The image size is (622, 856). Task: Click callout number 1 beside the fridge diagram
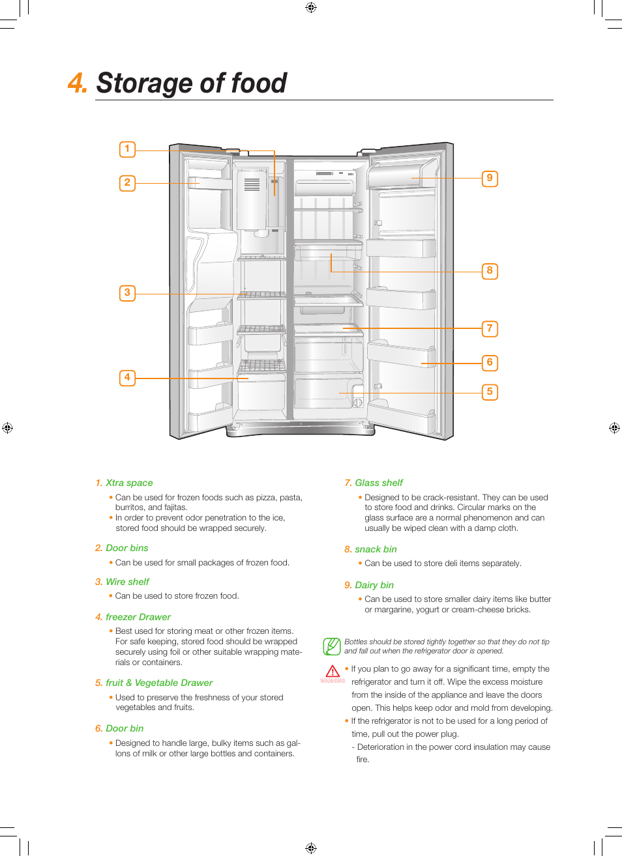(127, 149)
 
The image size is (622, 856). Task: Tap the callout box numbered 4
(127, 378)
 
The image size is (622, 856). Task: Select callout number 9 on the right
(490, 178)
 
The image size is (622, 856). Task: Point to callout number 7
(490, 329)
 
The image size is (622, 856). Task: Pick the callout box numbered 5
(490, 392)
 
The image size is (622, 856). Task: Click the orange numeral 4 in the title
(77, 83)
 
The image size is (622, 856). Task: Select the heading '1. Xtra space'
(124, 483)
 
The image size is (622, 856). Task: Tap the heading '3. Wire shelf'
(122, 582)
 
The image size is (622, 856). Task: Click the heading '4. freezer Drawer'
(133, 617)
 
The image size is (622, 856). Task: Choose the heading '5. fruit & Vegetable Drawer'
(154, 683)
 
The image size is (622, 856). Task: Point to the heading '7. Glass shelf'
(374, 483)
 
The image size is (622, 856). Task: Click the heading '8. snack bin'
(370, 549)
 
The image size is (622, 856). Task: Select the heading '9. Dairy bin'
(369, 585)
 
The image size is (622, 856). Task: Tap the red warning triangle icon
(333, 672)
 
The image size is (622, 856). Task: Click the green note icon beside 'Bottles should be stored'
(332, 646)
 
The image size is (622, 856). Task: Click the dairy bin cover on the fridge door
(402, 175)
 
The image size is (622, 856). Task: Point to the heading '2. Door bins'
(121, 548)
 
